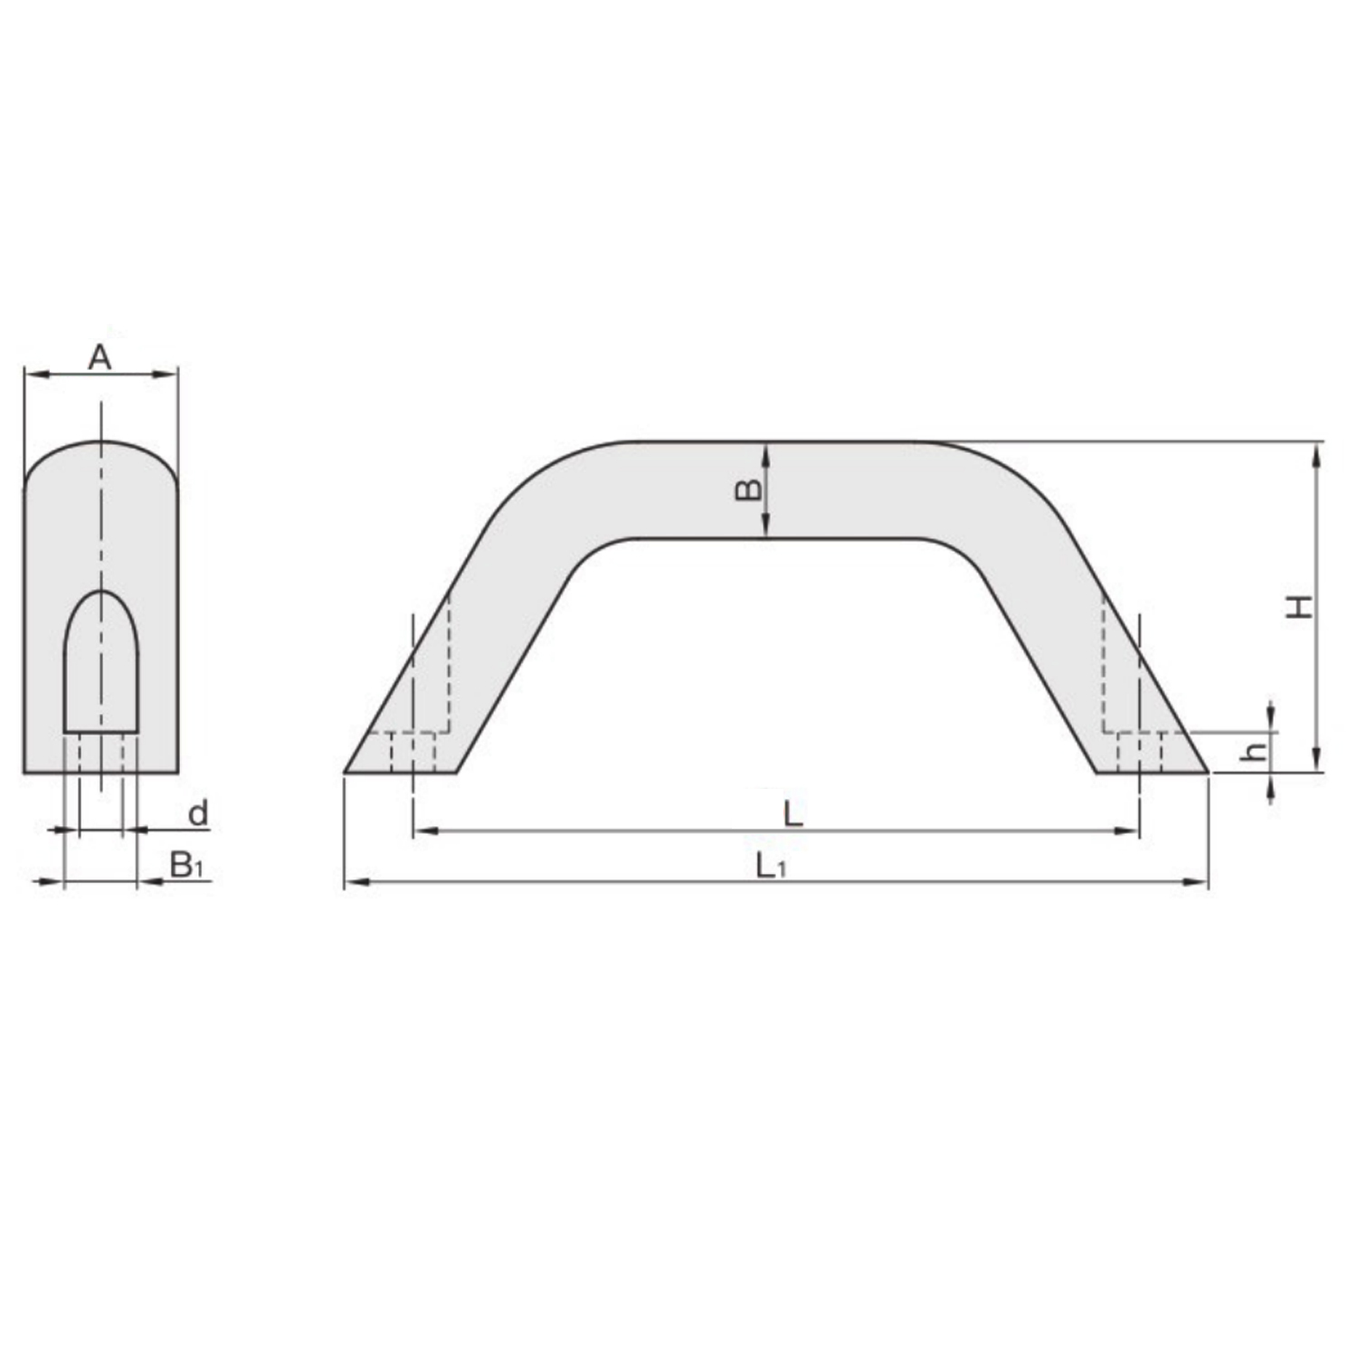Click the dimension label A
pos(100,357)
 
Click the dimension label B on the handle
pos(748,490)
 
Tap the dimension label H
pos(1300,607)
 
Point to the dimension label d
pos(198,813)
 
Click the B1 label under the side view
pos(187,866)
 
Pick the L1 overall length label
pos(771,867)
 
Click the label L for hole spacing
pos(792,814)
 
